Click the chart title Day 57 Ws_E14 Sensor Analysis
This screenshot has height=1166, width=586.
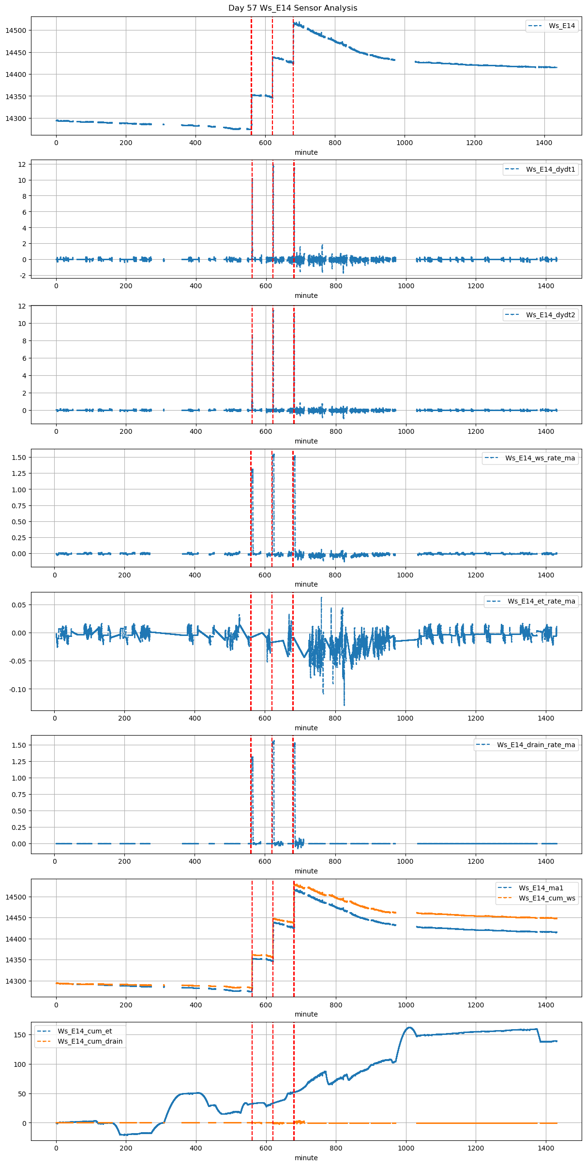click(293, 8)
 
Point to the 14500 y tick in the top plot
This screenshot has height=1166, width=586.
click(16, 30)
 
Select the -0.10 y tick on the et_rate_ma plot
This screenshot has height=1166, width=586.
click(18, 689)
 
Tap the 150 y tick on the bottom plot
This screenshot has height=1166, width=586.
click(20, 1035)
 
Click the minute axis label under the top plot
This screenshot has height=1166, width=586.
click(306, 152)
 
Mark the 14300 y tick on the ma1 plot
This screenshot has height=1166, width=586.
click(16, 981)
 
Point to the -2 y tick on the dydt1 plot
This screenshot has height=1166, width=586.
click(22, 276)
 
